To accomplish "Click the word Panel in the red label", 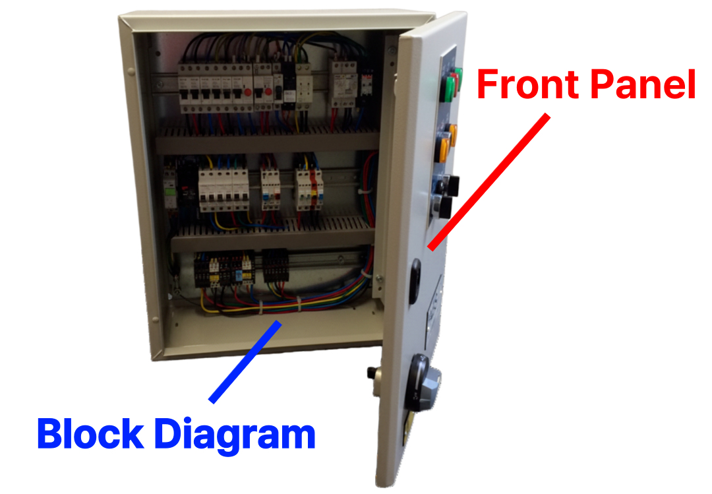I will pyautogui.click(x=643, y=85).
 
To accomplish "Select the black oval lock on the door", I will pyautogui.click(x=415, y=281).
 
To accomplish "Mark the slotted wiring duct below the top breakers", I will pyautogui.click(x=267, y=135).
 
